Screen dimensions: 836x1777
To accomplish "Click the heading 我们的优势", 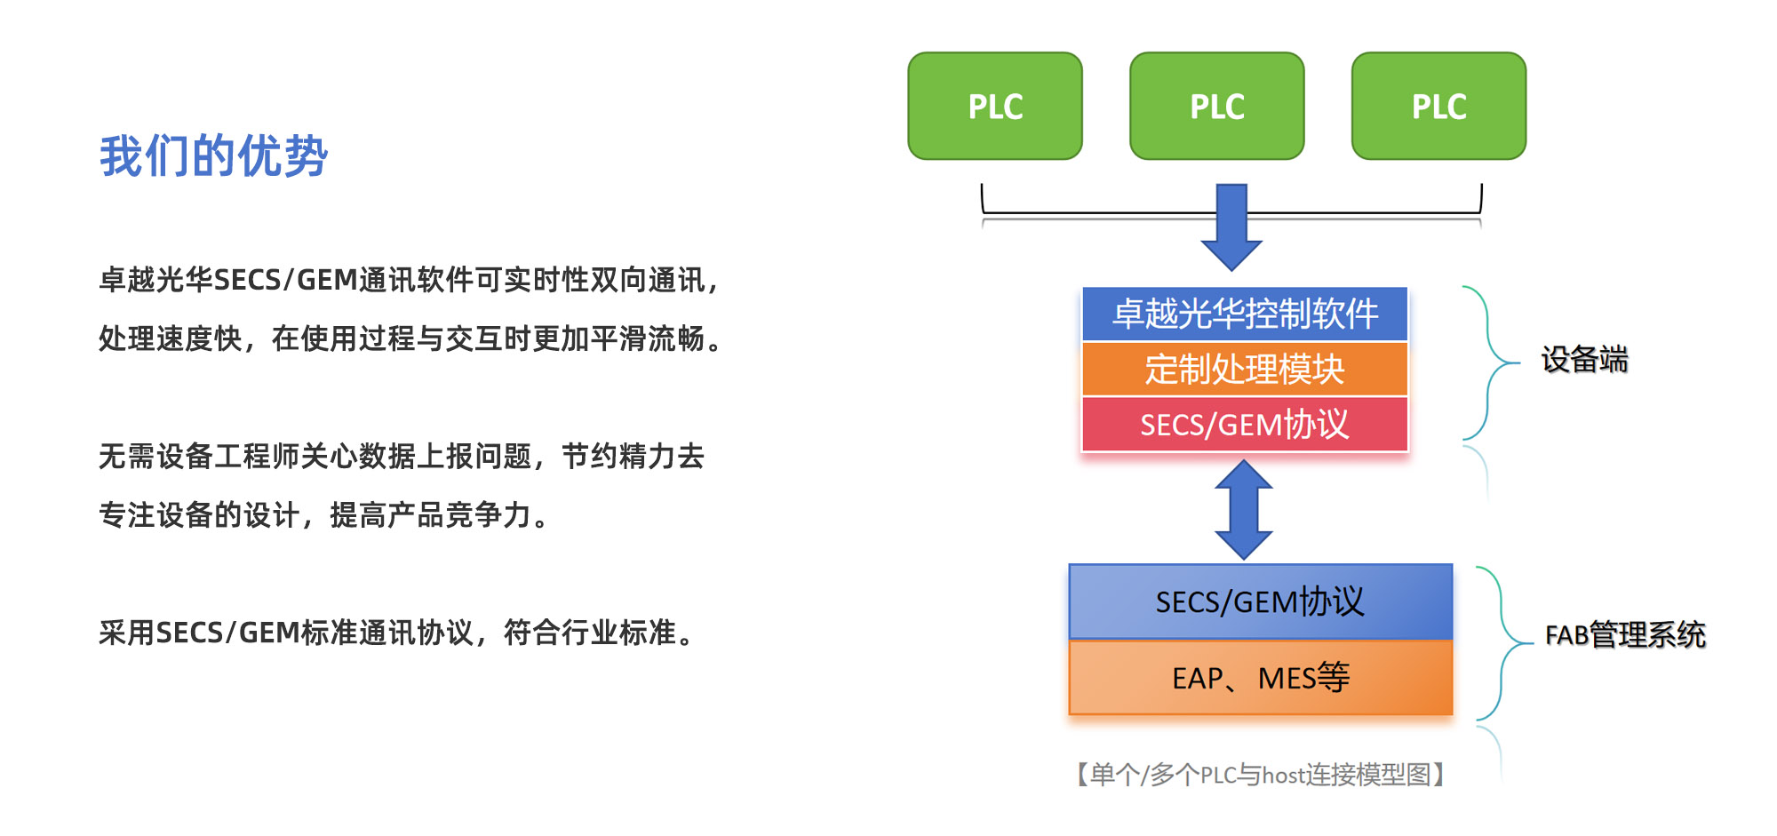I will (213, 156).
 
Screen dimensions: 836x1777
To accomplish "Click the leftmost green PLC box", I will (995, 107).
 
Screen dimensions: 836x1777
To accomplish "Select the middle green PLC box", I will (1216, 107).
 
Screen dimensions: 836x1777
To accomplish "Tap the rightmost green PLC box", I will (1438, 107).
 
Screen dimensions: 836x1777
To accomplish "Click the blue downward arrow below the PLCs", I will (1231, 227).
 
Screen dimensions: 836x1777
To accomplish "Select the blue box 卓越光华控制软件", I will (1245, 314).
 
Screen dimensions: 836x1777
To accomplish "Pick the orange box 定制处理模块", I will (1245, 369).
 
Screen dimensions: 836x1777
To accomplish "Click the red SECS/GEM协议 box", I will (1245, 425).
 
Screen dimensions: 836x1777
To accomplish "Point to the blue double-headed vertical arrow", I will (1244, 509).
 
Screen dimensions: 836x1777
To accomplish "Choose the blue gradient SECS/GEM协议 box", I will (1260, 601).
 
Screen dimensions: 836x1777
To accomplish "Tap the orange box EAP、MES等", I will (1260, 678).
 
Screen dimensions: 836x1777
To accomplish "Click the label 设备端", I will (1584, 360).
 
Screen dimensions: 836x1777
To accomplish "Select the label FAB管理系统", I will (1625, 635).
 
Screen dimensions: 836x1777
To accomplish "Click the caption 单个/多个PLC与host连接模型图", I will (1261, 775).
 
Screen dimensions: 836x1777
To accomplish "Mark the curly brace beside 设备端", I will (1488, 362).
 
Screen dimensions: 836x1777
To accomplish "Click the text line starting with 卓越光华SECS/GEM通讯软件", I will (409, 280).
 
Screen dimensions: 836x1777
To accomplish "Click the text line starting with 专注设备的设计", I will (324, 515).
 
